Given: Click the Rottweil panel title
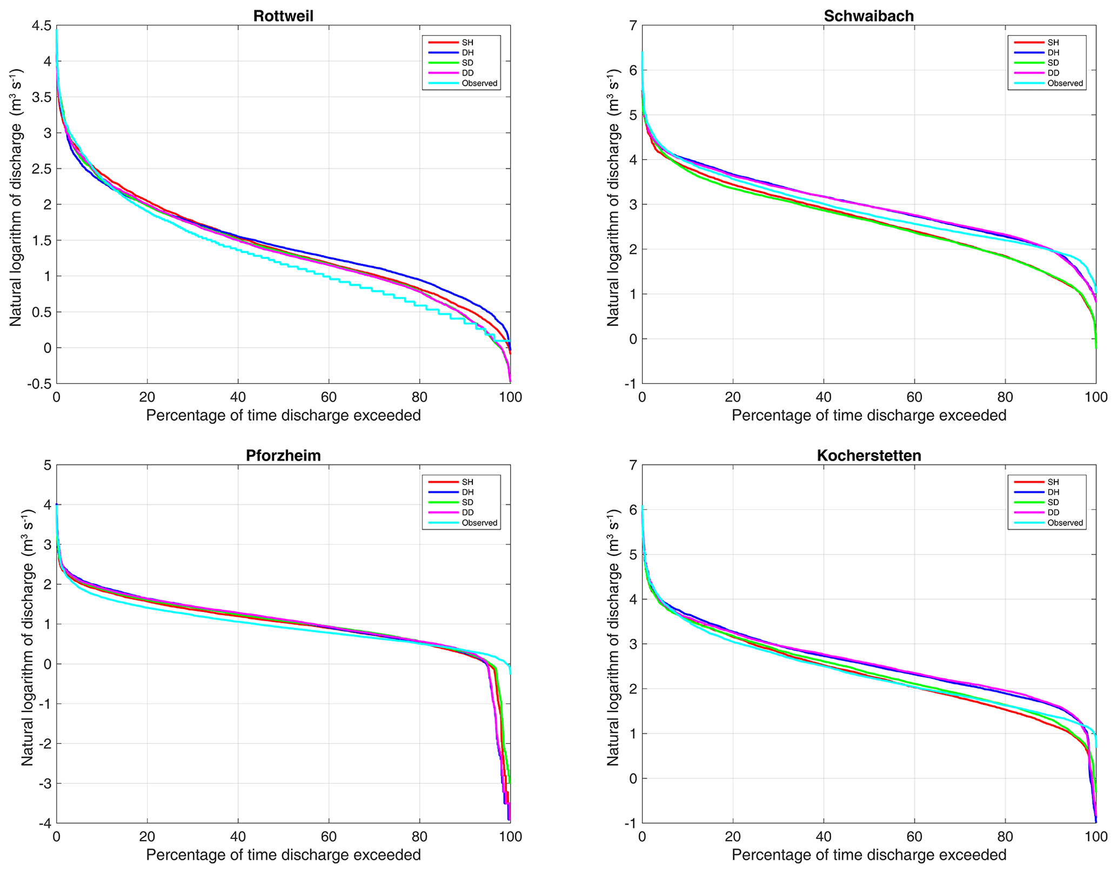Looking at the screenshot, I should pos(283,16).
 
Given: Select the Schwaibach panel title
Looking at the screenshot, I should pos(868,16).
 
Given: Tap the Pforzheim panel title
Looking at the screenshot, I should pos(283,455).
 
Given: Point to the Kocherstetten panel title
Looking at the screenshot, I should pos(868,455).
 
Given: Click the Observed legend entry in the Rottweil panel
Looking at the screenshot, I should pos(479,83).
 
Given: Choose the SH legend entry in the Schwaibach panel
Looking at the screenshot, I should pos(1053,42).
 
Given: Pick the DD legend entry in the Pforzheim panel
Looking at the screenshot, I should pos(467,512).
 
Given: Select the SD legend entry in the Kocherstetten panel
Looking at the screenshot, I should pos(1053,502).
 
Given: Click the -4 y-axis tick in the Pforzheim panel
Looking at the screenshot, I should pos(45,823).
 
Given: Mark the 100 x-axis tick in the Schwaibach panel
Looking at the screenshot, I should pos(1096,398).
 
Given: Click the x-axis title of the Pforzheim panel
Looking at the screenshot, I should pos(283,855).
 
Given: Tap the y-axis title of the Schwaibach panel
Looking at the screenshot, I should pos(612,197).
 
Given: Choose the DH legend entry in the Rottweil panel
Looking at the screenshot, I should pos(467,52).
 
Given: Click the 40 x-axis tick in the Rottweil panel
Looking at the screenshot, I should pos(238,398).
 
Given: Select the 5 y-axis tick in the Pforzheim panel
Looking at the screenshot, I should pos(48,465).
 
